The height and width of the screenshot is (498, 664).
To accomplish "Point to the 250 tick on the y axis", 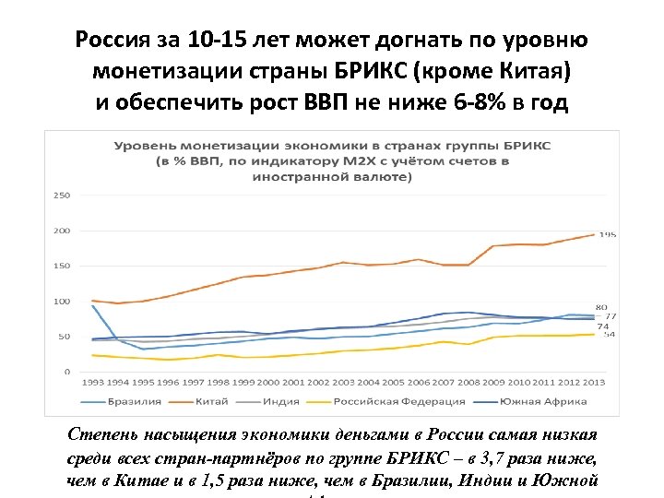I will point(63,196).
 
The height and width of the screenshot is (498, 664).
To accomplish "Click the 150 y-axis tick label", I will point(63,266).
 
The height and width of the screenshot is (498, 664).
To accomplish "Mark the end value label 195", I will point(609,234).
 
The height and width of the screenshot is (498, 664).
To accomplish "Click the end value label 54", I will point(610,334).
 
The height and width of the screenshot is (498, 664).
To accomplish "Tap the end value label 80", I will point(600,307).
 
